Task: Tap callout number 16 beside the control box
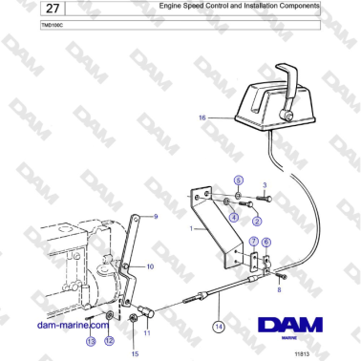pyautogui.click(x=202, y=117)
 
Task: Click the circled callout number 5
pyautogui.click(x=240, y=180)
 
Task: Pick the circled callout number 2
pyautogui.click(x=256, y=222)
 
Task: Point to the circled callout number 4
pyautogui.click(x=234, y=217)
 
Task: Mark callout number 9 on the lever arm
pyautogui.click(x=158, y=217)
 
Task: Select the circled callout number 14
pyautogui.click(x=219, y=326)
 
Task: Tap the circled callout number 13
pyautogui.click(x=91, y=341)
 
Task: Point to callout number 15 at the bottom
pyautogui.click(x=135, y=353)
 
